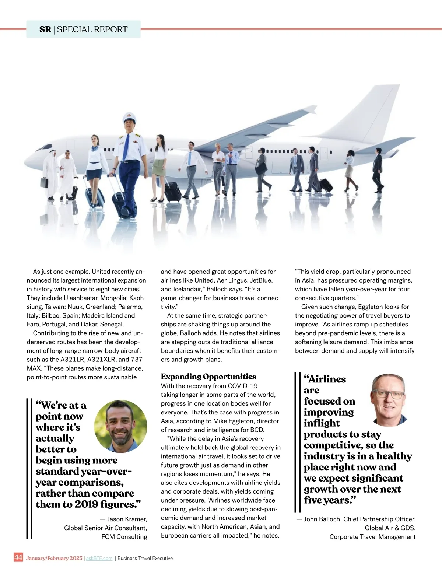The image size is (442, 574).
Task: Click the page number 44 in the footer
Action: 18,557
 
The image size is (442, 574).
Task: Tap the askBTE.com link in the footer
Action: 99,558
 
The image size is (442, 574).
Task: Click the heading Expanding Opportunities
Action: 208,377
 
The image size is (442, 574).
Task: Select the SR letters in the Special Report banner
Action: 45,29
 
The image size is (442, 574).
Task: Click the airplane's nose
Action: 28,161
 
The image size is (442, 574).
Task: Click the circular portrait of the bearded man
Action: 121,426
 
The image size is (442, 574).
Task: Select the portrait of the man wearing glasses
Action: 389,399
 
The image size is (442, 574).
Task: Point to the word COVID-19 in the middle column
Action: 243,386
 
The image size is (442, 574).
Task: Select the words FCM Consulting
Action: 124,537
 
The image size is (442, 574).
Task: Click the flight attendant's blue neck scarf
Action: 95,149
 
